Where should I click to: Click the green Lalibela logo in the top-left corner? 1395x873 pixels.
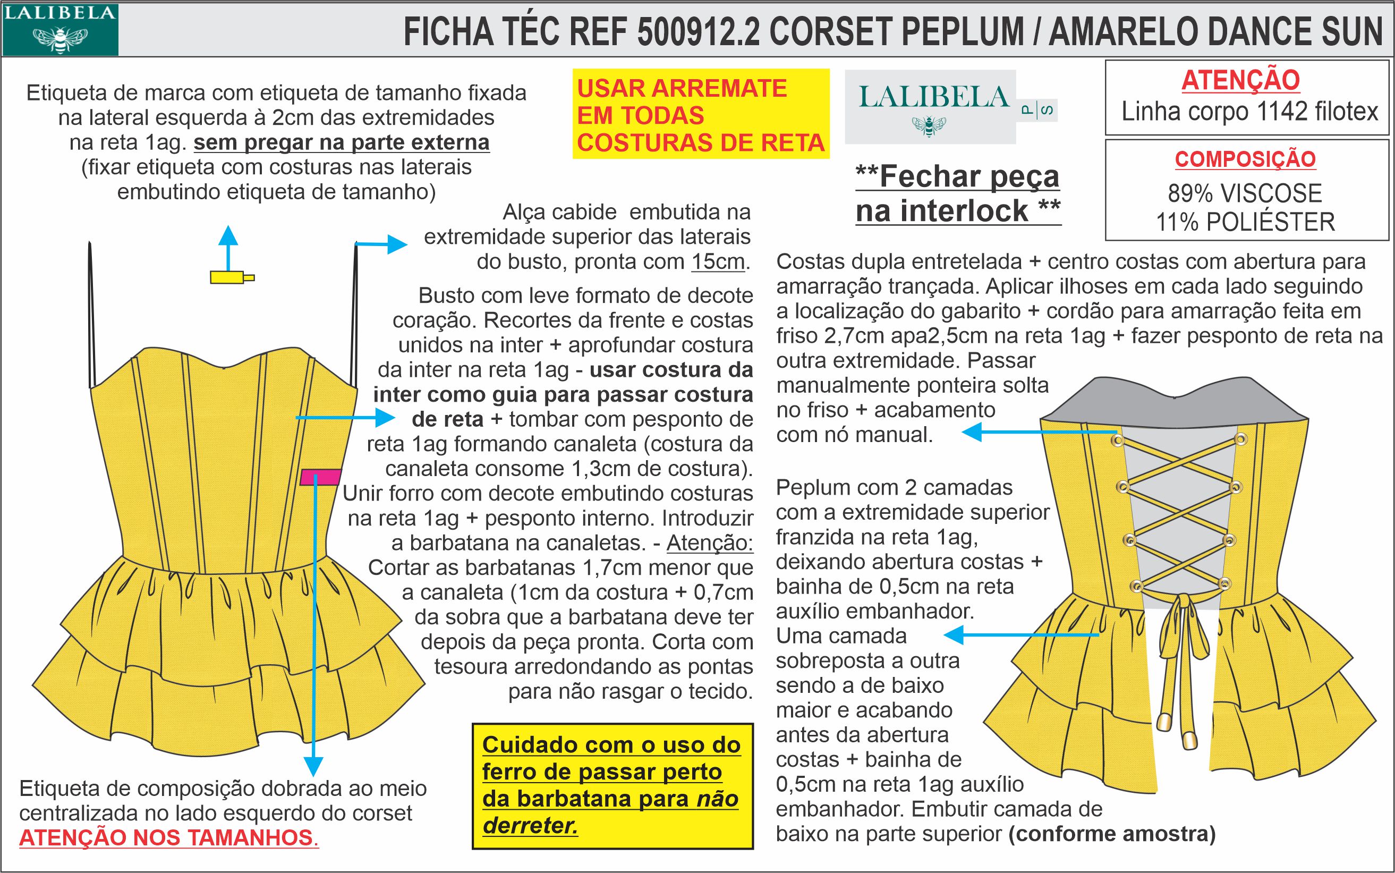59,29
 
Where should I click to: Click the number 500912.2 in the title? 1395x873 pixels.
699,32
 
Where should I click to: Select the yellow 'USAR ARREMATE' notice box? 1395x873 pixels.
700,114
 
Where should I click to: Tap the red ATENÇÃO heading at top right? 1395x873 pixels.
1240,80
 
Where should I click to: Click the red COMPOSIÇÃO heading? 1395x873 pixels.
1245,159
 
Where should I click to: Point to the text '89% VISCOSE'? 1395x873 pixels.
1245,193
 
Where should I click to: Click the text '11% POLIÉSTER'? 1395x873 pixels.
1245,222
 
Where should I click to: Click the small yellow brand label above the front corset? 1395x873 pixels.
229,278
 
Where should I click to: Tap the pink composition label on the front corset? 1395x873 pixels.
320,477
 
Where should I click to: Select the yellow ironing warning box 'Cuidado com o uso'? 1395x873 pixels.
612,785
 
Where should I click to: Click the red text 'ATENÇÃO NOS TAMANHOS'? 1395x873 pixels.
166,837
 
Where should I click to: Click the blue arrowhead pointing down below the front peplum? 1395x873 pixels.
313,767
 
